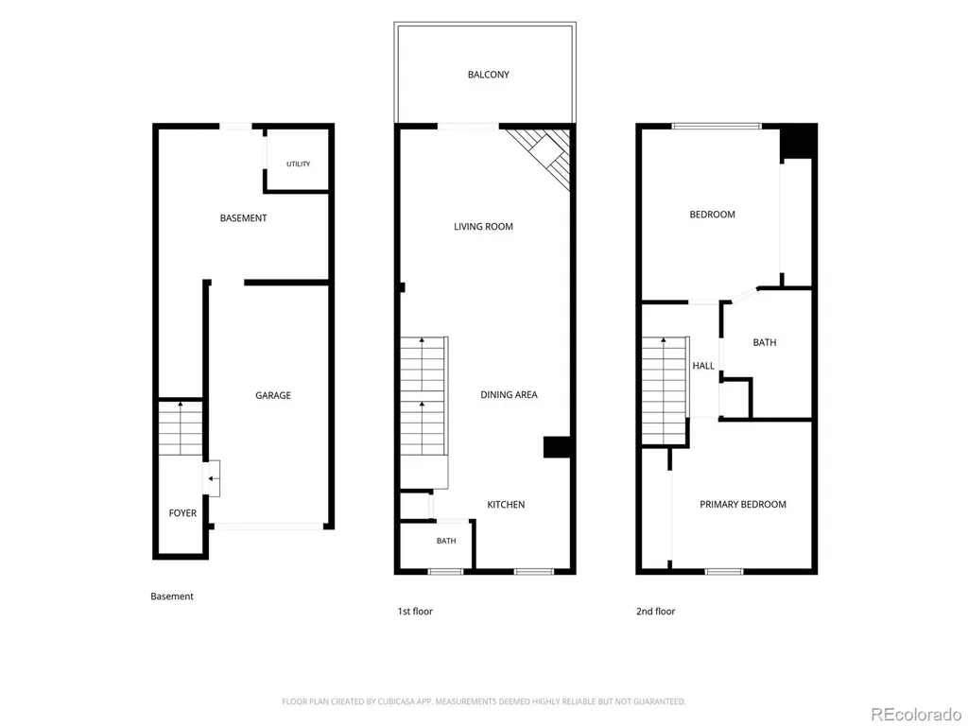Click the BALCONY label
click(489, 75)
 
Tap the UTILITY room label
click(298, 164)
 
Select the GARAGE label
click(273, 395)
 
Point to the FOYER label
click(182, 513)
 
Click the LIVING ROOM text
click(483, 227)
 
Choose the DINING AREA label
click(509, 394)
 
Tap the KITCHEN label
click(507, 505)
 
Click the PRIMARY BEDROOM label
click(743, 505)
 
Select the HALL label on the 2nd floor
click(703, 366)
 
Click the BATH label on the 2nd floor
click(764, 342)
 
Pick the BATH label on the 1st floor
click(446, 541)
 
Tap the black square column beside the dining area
click(556, 447)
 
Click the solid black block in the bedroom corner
click(798, 143)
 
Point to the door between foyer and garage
click(212, 478)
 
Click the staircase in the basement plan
click(181, 428)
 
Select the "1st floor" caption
click(415, 612)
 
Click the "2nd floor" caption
click(656, 612)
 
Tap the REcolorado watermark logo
click(915, 715)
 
